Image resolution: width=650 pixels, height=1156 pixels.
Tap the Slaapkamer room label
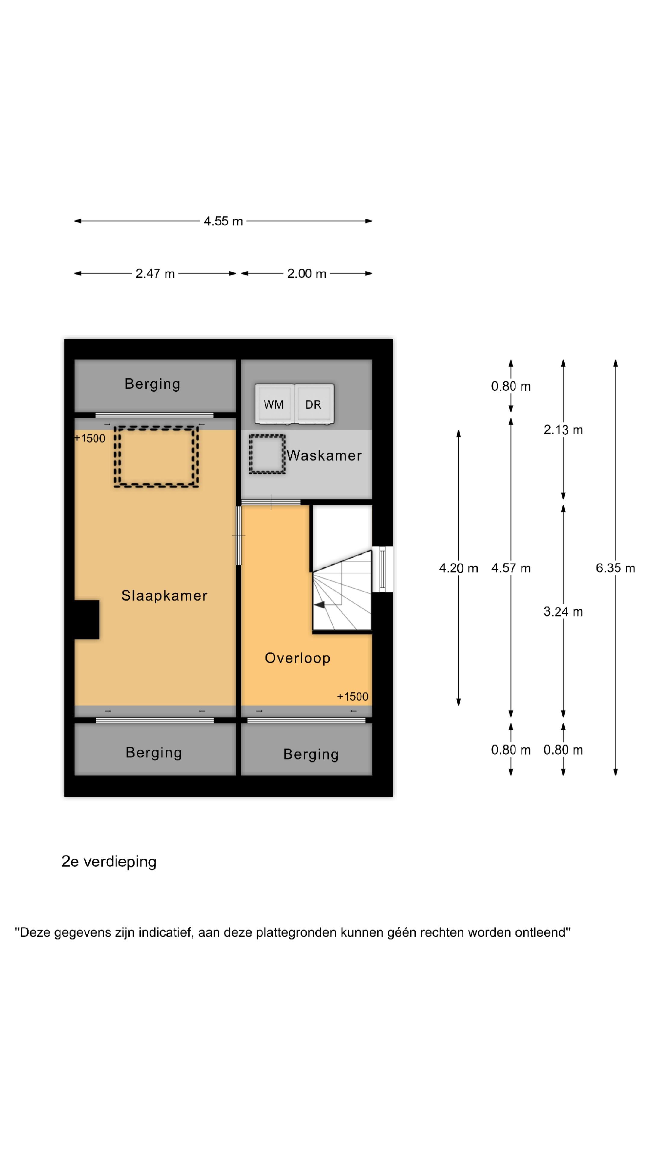tap(165, 595)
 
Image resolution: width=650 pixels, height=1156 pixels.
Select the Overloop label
tap(297, 658)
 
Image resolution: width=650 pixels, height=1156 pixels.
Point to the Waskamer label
tap(324, 455)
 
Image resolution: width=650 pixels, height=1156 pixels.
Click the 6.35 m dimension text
tap(615, 568)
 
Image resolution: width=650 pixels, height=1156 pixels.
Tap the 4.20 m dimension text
tap(458, 568)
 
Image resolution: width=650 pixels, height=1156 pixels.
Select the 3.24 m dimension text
tap(563, 612)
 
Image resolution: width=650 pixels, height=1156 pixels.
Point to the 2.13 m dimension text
tap(563, 430)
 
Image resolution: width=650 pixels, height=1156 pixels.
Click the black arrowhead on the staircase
tap(319, 605)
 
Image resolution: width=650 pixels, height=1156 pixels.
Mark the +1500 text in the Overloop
tap(353, 697)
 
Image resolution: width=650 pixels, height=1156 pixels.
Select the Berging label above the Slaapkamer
tap(153, 384)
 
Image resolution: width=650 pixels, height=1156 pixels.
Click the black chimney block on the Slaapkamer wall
tap(87, 620)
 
